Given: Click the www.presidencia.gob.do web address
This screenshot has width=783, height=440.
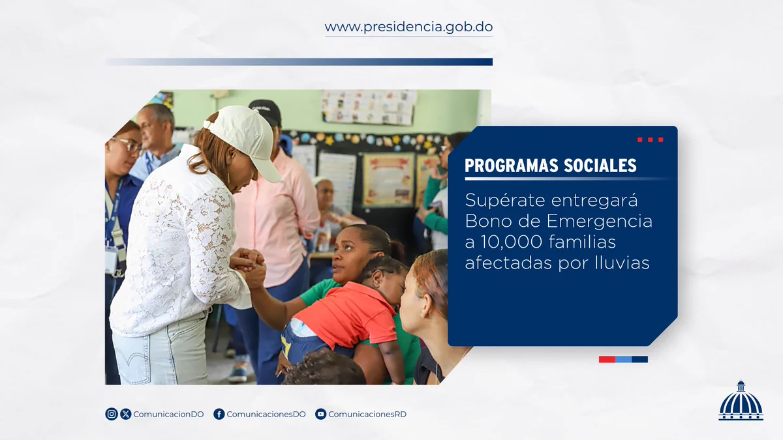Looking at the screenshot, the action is (408, 27).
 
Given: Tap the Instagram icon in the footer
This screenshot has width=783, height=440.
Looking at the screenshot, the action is (112, 414).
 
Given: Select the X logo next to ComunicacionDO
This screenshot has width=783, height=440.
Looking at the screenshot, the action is (126, 414).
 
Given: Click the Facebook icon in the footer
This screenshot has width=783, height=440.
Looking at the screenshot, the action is (219, 414).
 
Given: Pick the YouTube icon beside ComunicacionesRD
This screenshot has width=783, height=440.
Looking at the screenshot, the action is (320, 414).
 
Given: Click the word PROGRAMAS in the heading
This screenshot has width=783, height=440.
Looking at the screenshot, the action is (512, 166).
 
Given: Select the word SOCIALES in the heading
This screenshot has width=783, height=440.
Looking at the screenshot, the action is (600, 166).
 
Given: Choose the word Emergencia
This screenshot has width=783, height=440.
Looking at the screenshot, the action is (600, 222).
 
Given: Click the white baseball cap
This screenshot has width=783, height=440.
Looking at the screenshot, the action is (245, 139).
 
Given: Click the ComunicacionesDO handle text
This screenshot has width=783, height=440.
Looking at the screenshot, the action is (266, 414).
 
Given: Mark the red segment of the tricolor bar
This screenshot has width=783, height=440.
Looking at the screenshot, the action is (607, 359).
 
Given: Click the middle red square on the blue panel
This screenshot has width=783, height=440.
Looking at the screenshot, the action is (650, 139).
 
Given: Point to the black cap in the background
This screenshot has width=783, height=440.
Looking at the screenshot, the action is (266, 111).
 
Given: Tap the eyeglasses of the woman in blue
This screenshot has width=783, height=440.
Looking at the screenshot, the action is (128, 144).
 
